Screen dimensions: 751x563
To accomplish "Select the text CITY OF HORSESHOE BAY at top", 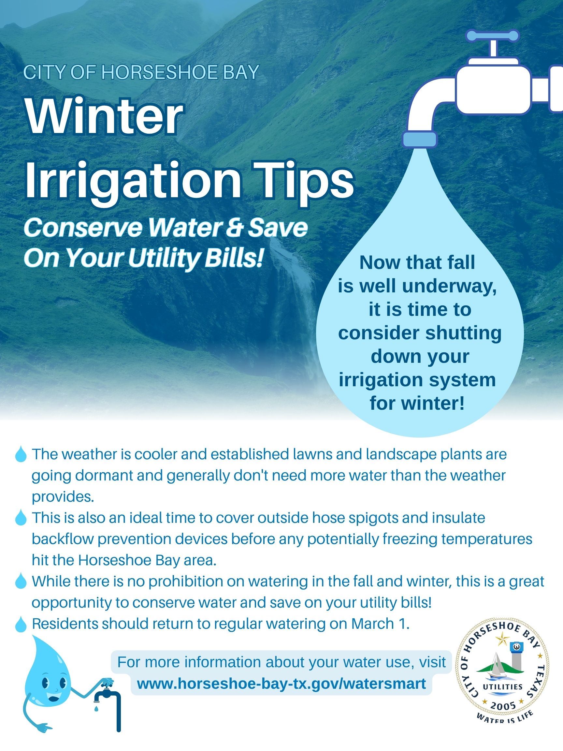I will pyautogui.click(x=141, y=72).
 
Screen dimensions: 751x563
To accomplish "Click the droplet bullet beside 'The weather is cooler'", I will pyautogui.click(x=21, y=454).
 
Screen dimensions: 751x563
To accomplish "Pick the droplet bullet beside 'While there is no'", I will pyautogui.click(x=21, y=581).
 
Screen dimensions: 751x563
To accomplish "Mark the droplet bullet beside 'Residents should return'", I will pyautogui.click(x=21, y=624).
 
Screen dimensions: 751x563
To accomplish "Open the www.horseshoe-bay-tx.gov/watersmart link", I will pyautogui.click(x=281, y=684).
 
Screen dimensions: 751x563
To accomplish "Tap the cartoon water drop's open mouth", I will pyautogui.click(x=54, y=699).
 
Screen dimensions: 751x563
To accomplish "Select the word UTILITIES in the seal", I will pyautogui.click(x=503, y=686).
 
